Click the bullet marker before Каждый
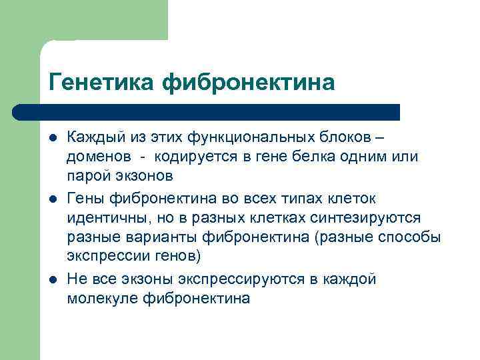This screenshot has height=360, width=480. point(52,138)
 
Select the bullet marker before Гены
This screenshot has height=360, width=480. point(52,199)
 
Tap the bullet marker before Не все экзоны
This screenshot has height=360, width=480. point(52,279)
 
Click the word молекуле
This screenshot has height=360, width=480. point(101,298)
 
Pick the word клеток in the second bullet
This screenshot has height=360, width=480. point(351,199)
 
